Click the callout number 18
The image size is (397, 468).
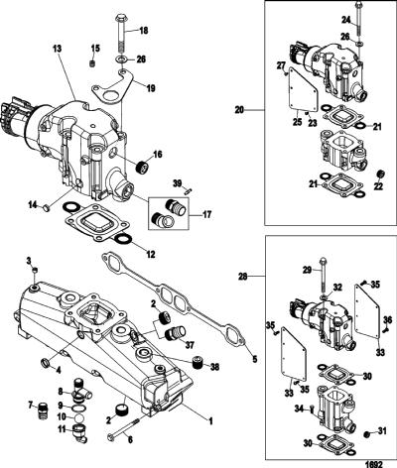tap(143, 31)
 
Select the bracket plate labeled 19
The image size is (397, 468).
tap(112, 87)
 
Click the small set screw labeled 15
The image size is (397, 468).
tap(93, 63)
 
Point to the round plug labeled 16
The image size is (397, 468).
tap(142, 166)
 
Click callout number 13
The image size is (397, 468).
tap(57, 49)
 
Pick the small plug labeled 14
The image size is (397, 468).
tap(47, 208)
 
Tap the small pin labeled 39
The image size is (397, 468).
tap(188, 190)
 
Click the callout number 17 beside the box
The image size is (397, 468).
tap(207, 215)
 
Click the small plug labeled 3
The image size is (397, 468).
tap(35, 271)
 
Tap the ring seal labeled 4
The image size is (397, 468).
tap(46, 362)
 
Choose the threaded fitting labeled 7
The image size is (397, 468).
tap(42, 409)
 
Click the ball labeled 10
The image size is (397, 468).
tap(79, 418)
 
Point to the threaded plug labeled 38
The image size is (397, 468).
tap(198, 364)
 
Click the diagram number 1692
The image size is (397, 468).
tap(374, 464)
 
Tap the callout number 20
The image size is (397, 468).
tap(239, 109)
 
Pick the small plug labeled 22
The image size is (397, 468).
tap(381, 174)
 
